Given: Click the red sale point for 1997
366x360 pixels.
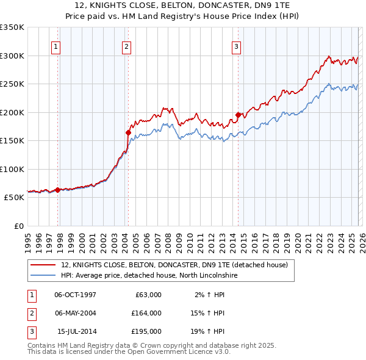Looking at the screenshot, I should (x=58, y=190).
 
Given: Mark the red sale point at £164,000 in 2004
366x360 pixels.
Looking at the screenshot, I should (x=129, y=132).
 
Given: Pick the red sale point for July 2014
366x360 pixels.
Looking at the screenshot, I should (x=239, y=115).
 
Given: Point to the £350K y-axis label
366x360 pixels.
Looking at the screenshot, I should (x=12, y=27).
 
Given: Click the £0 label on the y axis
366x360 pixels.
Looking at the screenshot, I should (x=18, y=226).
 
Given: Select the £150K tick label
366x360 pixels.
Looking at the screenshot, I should (x=12, y=140).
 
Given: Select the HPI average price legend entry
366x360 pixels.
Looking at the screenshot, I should (x=148, y=275).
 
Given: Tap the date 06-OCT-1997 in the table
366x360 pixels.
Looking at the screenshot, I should (x=76, y=295).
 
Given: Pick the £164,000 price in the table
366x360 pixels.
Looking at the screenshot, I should (x=146, y=313).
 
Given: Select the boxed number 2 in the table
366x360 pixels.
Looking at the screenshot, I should (x=30, y=313).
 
